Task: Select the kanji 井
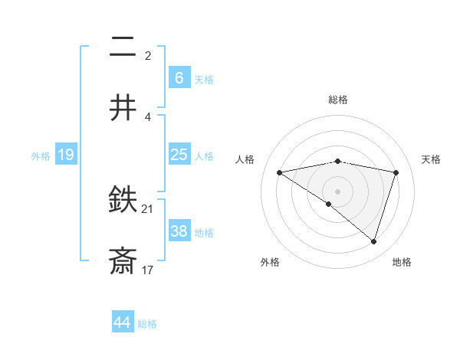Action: click(123, 108)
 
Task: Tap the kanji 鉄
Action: click(123, 201)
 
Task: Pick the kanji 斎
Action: click(123, 261)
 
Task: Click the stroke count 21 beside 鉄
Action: click(148, 208)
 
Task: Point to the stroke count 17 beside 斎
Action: click(148, 270)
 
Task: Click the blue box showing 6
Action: click(179, 77)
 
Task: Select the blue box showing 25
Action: click(179, 155)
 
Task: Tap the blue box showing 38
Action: click(179, 231)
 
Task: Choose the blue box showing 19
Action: click(65, 155)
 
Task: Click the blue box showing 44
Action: click(122, 322)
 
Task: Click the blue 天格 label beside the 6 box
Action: click(204, 80)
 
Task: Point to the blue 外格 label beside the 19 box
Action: click(41, 156)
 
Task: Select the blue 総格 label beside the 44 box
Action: click(147, 324)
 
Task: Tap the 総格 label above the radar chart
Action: click(338, 100)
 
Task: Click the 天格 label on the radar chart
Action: click(432, 159)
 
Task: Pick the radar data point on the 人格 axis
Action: click(280, 172)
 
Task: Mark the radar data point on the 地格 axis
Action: click(373, 241)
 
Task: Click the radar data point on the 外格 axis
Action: click(329, 204)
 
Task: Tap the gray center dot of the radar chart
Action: click(338, 191)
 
